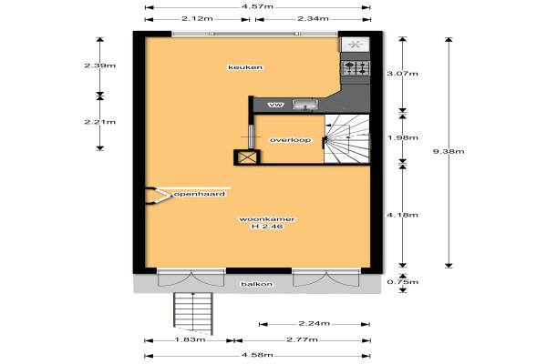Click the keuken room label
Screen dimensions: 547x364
(x=245, y=67)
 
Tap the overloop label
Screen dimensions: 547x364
(x=290, y=140)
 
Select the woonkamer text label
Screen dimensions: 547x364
(x=266, y=219)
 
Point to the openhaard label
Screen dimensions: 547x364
(x=200, y=194)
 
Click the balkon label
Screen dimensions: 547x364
(x=257, y=284)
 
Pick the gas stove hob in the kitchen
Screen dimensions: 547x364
(x=356, y=68)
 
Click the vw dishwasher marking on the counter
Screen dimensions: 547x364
(x=276, y=105)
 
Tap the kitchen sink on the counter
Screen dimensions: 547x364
(x=304, y=105)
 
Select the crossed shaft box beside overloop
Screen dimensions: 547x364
(x=247, y=157)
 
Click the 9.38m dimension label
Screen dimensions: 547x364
(x=449, y=151)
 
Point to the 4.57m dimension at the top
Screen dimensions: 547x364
(x=257, y=6)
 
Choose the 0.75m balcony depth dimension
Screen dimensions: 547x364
(x=403, y=282)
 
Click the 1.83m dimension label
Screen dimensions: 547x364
(x=190, y=339)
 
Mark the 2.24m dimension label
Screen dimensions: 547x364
(x=314, y=324)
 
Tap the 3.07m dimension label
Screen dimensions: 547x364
(x=403, y=74)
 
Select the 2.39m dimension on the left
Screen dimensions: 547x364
(x=99, y=66)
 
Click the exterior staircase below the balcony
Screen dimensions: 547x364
(x=193, y=313)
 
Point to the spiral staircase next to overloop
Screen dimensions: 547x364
(x=346, y=138)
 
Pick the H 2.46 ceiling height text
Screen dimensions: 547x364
(x=267, y=227)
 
